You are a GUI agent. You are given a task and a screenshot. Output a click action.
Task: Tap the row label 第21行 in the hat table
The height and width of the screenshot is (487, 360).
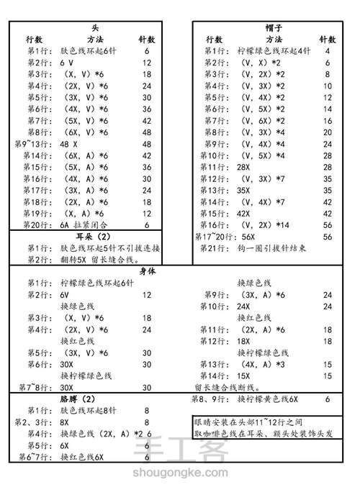point(212,248)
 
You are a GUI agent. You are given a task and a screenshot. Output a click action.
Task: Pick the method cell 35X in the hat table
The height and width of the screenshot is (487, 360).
point(244,191)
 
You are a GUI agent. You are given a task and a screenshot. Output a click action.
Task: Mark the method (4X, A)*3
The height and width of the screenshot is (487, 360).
point(262,364)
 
